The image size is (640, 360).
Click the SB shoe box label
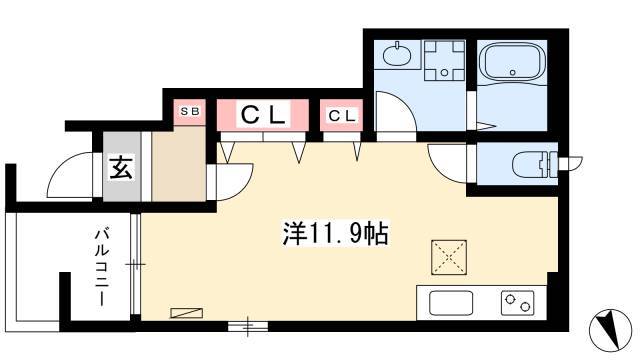point(190,111)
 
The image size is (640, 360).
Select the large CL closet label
point(263,115)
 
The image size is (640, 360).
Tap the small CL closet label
point(342,116)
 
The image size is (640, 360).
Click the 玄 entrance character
point(121,168)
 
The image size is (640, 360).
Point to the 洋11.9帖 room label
point(335,233)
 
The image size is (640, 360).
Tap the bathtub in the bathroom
point(512,62)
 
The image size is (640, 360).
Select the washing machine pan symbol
point(444,60)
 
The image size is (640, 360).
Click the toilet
point(535,164)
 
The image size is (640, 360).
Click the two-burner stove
point(518,303)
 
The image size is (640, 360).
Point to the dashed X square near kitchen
point(449,257)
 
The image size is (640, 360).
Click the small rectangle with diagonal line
point(187,313)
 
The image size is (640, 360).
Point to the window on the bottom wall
point(248,326)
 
